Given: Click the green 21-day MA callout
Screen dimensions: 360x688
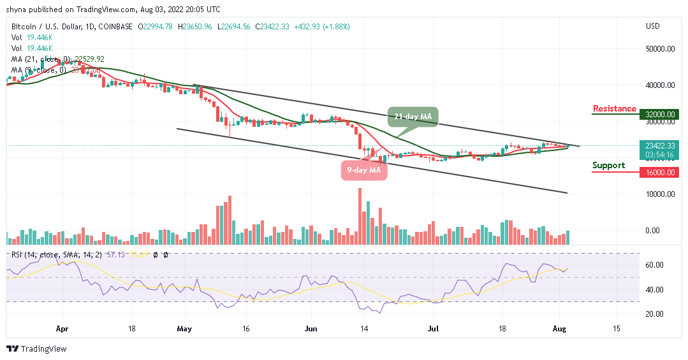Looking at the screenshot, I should [412, 117].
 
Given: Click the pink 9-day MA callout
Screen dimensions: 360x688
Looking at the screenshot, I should [364, 170].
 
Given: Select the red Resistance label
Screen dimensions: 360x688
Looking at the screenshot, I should [614, 109].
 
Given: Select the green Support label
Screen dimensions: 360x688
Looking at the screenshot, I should [608, 166].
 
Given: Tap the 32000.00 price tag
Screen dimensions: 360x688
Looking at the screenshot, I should [660, 115].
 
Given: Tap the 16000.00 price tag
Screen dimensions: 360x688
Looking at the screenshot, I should [660, 172].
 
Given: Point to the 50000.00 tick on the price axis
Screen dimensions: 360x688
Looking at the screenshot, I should [660, 48].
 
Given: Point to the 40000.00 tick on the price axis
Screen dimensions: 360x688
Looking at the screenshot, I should [660, 85].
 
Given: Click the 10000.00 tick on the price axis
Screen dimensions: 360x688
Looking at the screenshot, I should [660, 194].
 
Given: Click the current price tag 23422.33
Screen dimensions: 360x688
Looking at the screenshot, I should [660, 145].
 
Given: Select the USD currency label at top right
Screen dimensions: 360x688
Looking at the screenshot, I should [652, 27].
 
